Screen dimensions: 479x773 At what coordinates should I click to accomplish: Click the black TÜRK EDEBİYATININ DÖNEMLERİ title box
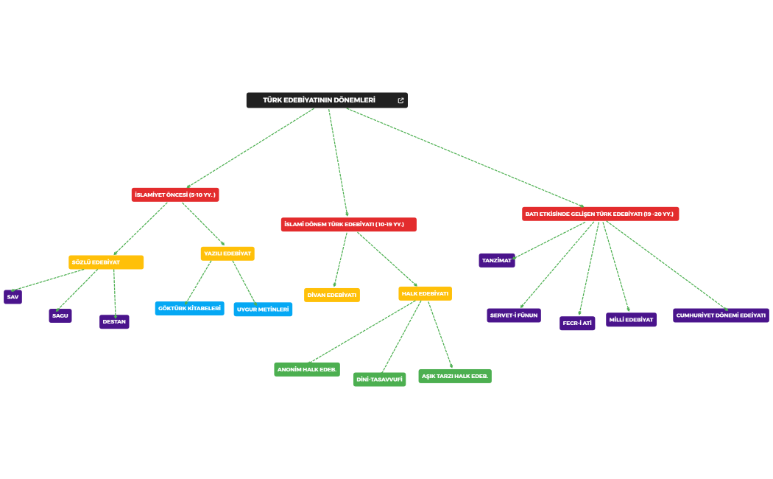click(320, 100)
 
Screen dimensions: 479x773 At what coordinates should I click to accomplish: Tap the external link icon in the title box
click(400, 100)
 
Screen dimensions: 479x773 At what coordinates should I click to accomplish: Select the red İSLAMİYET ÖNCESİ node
click(175, 195)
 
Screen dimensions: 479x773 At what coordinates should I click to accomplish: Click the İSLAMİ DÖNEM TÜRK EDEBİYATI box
click(348, 224)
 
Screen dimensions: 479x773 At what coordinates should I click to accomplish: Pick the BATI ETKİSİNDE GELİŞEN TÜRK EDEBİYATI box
click(599, 214)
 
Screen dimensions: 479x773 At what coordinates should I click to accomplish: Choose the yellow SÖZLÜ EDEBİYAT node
click(106, 262)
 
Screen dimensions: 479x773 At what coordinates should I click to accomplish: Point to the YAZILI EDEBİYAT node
click(227, 254)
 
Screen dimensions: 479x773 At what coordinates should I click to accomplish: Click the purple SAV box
click(13, 297)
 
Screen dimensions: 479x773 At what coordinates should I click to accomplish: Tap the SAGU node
click(60, 315)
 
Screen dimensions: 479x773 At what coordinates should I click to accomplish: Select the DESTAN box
click(114, 322)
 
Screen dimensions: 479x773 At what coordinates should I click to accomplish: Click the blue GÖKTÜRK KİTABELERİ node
click(190, 308)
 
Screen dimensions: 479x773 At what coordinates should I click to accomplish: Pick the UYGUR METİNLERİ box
click(263, 310)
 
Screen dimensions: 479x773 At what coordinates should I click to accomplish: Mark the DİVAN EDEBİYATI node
click(332, 295)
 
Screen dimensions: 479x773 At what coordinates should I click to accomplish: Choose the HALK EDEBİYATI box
click(425, 293)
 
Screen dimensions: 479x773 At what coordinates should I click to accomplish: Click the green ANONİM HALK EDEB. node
click(307, 369)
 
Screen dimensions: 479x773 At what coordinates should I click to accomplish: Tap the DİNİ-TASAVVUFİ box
click(379, 380)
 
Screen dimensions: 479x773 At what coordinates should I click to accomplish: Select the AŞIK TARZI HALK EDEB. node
click(455, 376)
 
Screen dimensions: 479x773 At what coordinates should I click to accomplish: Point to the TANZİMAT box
click(496, 260)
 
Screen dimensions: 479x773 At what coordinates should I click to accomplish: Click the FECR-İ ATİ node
click(577, 323)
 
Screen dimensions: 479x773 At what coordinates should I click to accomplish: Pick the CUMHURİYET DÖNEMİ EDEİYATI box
click(721, 315)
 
